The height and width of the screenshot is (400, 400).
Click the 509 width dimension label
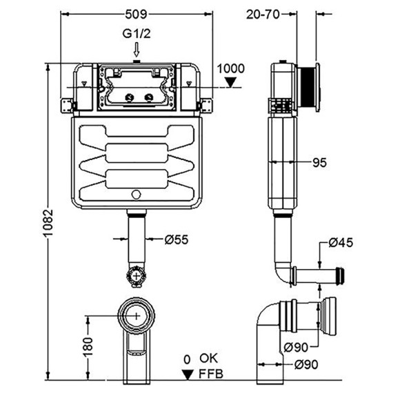click(x=137, y=14)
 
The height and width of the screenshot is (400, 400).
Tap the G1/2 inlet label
click(x=137, y=33)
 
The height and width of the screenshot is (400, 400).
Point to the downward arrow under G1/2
click(x=137, y=50)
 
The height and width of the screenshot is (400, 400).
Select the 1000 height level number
click(x=231, y=68)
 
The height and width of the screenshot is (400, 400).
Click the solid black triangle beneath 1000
click(x=231, y=82)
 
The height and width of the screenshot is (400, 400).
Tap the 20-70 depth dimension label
click(x=263, y=14)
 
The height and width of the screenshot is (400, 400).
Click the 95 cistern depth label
click(x=319, y=163)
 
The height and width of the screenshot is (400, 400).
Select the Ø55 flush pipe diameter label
click(x=177, y=239)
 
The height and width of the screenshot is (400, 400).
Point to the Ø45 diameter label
click(x=341, y=242)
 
